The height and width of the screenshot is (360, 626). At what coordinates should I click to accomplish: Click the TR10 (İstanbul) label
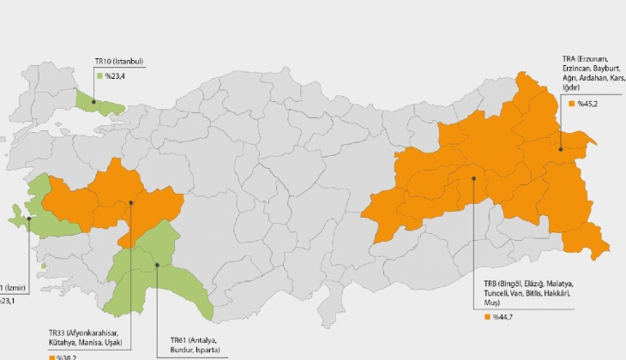(118, 62)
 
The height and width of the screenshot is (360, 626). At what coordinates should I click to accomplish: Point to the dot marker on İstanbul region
(93, 101)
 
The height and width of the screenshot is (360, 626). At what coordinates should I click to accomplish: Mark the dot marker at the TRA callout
(561, 149)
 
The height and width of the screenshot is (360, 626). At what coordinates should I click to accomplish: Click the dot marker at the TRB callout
(473, 178)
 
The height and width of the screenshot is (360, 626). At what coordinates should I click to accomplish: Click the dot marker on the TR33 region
(131, 203)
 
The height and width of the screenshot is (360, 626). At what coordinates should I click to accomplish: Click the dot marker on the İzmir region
(28, 218)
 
